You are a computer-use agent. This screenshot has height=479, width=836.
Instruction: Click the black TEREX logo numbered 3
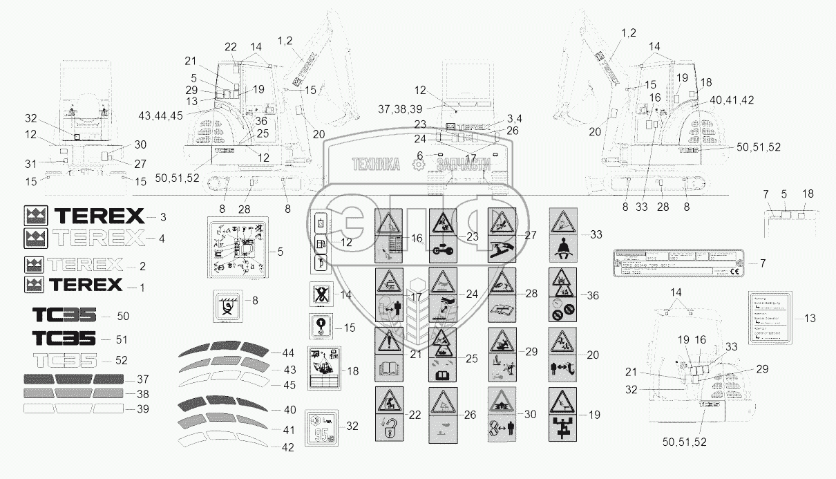point(84,216)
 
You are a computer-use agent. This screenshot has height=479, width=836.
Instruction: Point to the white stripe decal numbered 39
point(74,408)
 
